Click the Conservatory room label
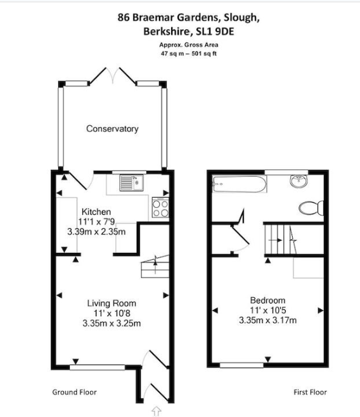click(x=112, y=129)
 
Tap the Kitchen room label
click(x=96, y=212)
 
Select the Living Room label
click(x=112, y=303)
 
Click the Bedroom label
click(x=267, y=300)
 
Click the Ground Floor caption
click(x=74, y=392)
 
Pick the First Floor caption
click(x=310, y=392)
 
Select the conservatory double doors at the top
click(x=113, y=76)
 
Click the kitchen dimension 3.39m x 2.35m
click(x=97, y=231)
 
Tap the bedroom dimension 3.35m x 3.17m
click(x=267, y=320)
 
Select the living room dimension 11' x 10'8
click(x=111, y=313)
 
